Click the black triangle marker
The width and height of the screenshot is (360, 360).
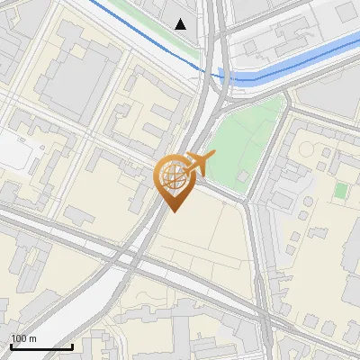point(181,23)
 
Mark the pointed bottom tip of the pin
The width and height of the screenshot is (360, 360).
point(175,211)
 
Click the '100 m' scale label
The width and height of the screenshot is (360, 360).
point(24,338)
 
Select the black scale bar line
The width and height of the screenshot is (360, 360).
point(41,346)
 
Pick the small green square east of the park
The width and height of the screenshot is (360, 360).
point(340,190)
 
